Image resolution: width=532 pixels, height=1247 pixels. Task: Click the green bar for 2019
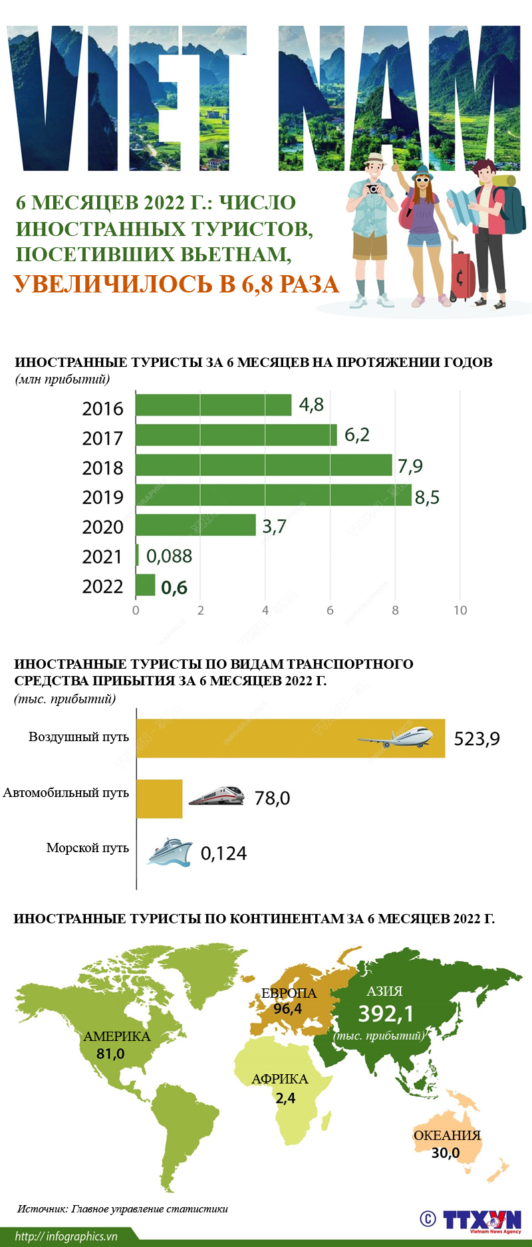coord(273,495)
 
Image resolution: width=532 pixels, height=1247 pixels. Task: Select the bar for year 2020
coord(196,525)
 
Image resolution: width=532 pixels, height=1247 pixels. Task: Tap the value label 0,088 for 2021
coord(169,556)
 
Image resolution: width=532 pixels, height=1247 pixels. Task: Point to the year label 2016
coord(102,408)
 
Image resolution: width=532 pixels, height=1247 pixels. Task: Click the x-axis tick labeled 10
coord(460,610)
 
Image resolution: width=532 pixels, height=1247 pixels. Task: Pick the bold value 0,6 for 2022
coord(174,588)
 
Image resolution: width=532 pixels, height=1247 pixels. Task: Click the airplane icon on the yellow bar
coord(396,737)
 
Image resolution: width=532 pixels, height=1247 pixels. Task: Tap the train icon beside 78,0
coord(216,796)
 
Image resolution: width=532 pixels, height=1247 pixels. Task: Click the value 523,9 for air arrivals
coord(476,738)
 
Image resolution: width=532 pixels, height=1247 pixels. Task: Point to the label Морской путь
coord(87,848)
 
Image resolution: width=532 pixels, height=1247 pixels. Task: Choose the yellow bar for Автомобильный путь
coord(159,798)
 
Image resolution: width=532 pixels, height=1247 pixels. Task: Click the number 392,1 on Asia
coord(386,1014)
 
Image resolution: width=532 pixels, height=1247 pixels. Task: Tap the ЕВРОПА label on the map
coord(289,993)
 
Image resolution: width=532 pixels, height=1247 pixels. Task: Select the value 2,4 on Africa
coord(285,1098)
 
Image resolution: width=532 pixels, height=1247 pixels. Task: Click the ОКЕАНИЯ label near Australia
coord(447,1135)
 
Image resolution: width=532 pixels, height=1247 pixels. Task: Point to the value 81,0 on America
coord(110,1054)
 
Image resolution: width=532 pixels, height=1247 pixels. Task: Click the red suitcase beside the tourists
coord(462,275)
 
